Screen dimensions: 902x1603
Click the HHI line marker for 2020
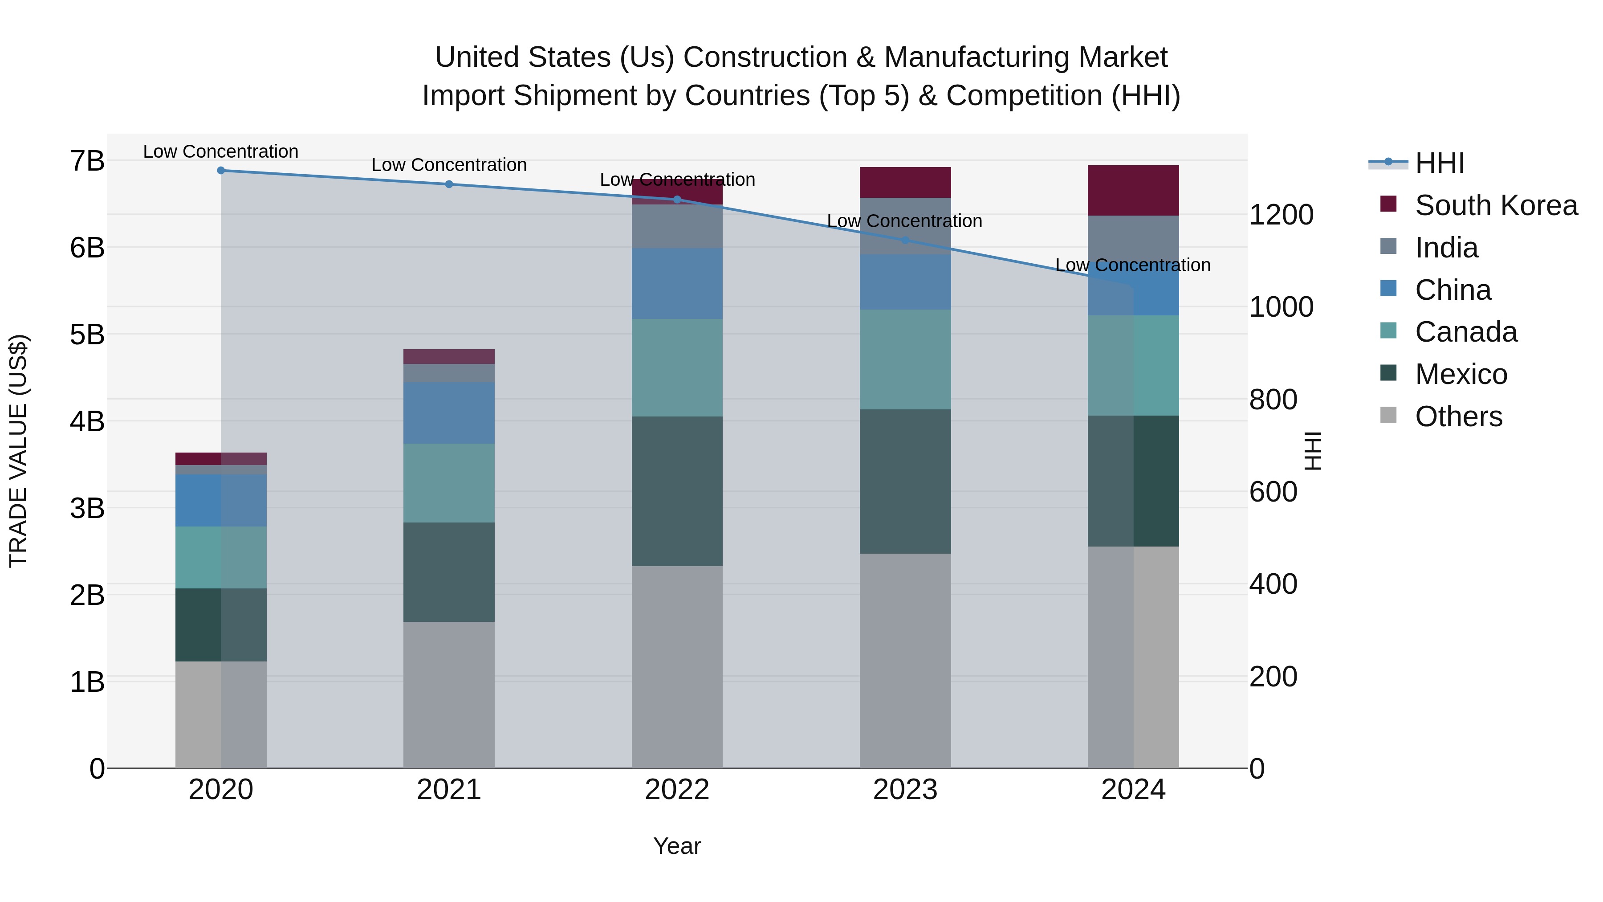tap(221, 171)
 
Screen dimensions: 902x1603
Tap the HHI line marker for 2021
tap(449, 184)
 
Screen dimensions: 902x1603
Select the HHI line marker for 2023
tap(905, 240)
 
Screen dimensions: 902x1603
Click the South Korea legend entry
tap(1495, 205)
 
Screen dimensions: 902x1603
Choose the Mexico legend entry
tap(1461, 374)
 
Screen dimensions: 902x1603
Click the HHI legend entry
tap(1439, 163)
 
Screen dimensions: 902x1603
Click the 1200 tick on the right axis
tap(1281, 215)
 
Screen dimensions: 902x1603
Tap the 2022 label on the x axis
tap(677, 790)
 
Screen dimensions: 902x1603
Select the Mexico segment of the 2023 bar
tap(905, 481)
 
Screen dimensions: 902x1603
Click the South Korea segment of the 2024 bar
tap(1133, 191)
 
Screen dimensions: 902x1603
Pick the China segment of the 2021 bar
tap(449, 413)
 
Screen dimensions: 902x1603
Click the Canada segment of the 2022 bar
tap(677, 367)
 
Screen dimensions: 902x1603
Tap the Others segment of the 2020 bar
tap(221, 714)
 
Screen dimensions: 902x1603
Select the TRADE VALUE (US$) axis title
tap(19, 451)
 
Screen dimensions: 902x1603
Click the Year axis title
tap(677, 846)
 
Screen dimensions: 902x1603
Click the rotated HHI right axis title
tap(1313, 451)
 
